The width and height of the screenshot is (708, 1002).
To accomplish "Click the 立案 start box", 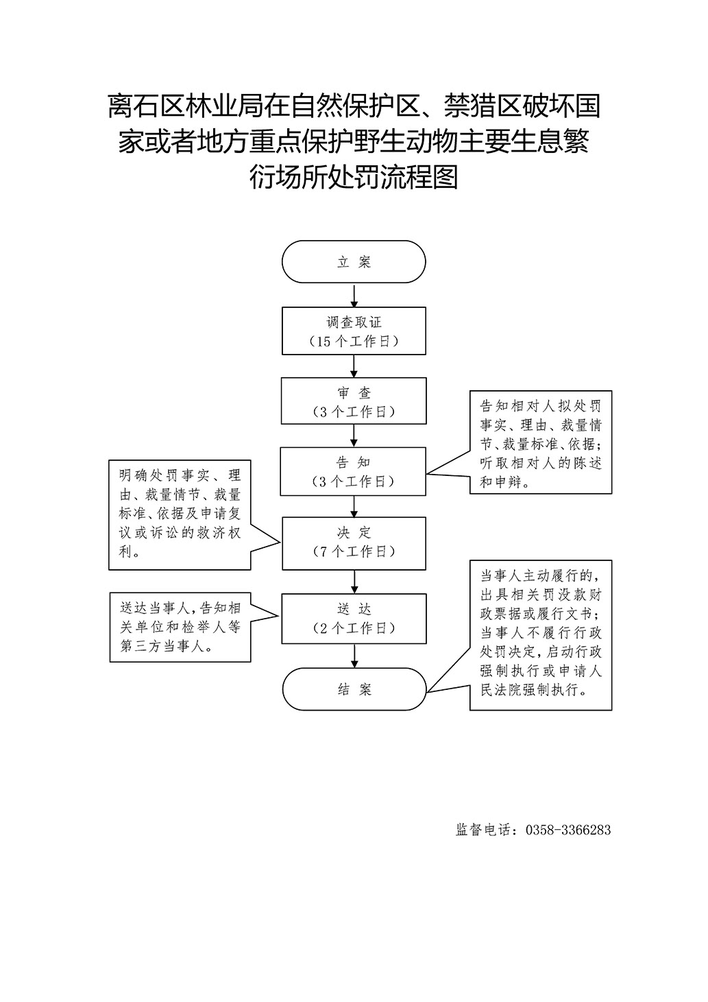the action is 354,262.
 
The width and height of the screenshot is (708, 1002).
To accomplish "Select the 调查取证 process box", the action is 354,331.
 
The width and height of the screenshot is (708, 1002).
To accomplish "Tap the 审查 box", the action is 354,401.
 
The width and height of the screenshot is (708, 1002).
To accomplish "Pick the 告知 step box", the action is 353,471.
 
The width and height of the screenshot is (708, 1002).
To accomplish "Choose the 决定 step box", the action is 354,543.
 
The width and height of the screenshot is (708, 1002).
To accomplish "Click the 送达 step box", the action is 354,619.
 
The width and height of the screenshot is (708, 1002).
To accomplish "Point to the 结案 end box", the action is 354,689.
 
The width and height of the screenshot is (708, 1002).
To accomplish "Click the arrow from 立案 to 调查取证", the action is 354,295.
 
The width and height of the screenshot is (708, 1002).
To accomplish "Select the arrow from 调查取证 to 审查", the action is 354,366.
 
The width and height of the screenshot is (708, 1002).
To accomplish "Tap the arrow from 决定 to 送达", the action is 354,582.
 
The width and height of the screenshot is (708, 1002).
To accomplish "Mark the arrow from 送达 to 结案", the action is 354,656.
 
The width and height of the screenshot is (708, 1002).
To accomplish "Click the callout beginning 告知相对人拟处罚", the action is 540,442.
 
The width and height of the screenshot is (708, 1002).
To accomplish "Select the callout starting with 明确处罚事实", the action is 180,515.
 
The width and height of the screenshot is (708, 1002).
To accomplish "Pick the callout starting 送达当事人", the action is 180,628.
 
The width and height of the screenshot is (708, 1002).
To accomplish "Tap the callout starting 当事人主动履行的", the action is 540,635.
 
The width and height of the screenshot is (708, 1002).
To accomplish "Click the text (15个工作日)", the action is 354,342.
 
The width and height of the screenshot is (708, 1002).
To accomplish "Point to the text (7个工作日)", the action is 354,551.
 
